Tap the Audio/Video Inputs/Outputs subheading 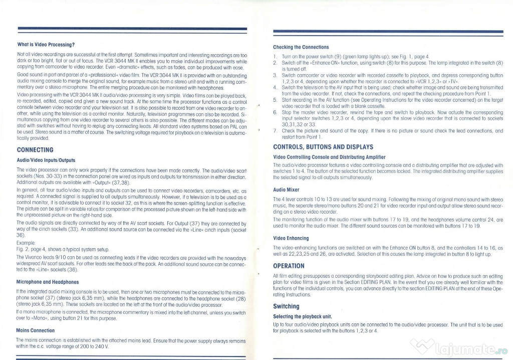click(x=46, y=160)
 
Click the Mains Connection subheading click(x=36, y=331)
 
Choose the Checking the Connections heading click(x=301, y=47)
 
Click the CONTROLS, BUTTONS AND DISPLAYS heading click(x=323, y=147)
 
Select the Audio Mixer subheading click(x=286, y=190)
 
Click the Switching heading click(x=286, y=306)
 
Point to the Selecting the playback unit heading click(x=302, y=317)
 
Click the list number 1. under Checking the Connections click(x=275, y=56)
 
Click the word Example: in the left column click(x=25, y=242)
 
